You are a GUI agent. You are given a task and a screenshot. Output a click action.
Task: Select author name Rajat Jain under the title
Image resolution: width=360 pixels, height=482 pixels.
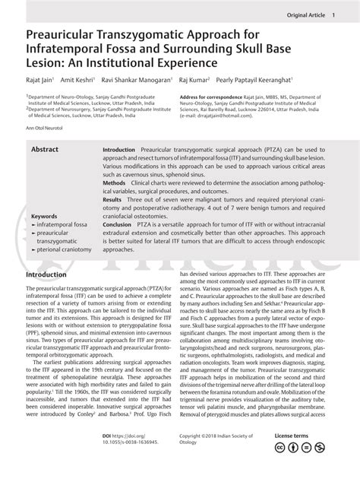tap(41, 78)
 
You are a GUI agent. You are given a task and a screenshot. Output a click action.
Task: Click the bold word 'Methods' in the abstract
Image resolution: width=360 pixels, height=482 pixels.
tap(114, 183)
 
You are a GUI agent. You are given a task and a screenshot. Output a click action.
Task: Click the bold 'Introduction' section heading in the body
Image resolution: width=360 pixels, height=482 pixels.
tap(51, 274)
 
